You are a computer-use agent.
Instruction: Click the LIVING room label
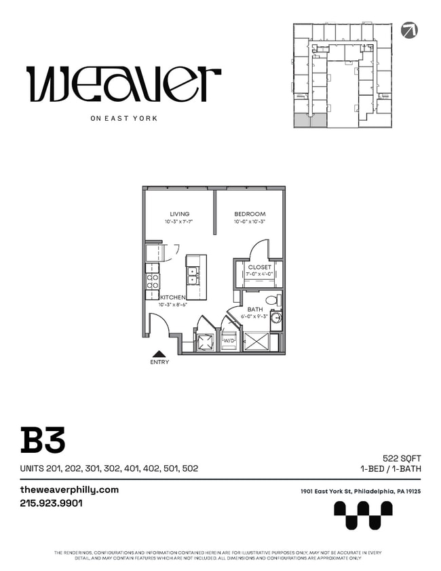point(180,215)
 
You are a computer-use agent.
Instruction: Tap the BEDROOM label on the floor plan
point(250,215)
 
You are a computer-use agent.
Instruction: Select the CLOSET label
point(259,268)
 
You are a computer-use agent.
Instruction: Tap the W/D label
point(229,340)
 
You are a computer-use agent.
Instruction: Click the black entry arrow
point(159,353)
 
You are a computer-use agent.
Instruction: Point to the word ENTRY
point(159,363)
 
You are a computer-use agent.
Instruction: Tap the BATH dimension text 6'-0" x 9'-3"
point(255,316)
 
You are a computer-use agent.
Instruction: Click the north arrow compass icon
point(409,30)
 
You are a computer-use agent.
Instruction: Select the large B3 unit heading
point(43,441)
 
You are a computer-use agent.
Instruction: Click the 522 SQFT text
point(402,459)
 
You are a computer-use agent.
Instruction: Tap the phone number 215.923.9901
point(52,504)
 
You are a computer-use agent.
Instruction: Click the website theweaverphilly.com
point(69,490)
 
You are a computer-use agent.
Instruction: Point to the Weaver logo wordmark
point(123,84)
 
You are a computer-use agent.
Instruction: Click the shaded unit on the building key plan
point(310,121)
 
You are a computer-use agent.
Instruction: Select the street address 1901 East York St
point(360,492)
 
